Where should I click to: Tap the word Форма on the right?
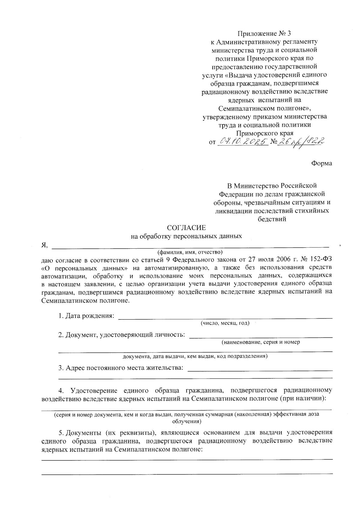pyautogui.click(x=322, y=163)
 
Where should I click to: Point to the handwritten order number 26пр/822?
pyautogui.click(x=301, y=141)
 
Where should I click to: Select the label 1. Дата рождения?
pyautogui.click(x=86, y=316)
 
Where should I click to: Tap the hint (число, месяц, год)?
pyautogui.click(x=225, y=323)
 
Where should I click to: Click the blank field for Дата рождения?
pyautogui.click(x=225, y=316)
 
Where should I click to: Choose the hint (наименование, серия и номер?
pyautogui.click(x=261, y=342)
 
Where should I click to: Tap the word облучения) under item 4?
pyautogui.click(x=186, y=421)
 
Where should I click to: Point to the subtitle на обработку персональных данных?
pyautogui.click(x=186, y=236)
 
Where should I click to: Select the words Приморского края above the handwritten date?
pyautogui.click(x=264, y=133)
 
